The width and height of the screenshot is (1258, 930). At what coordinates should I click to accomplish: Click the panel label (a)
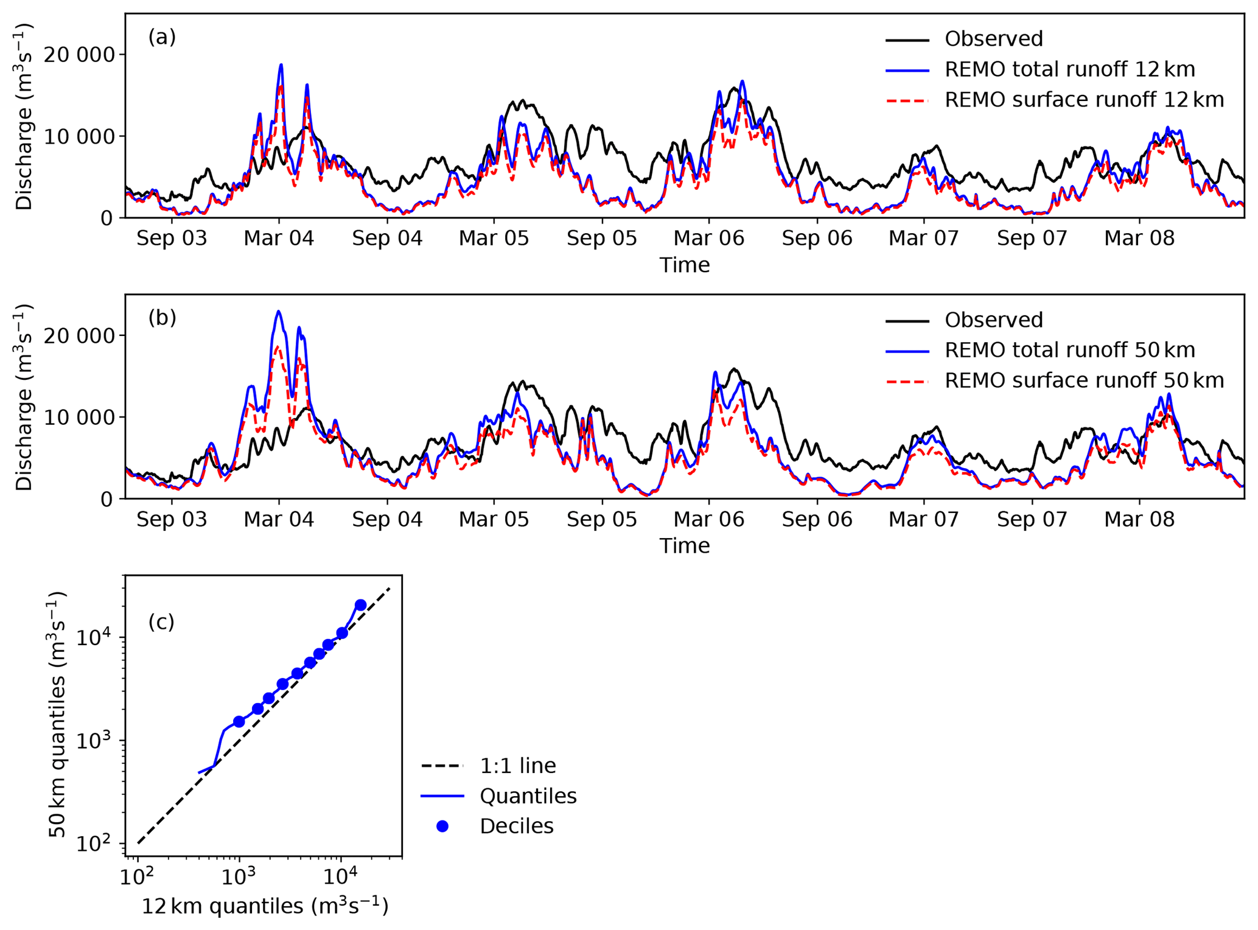(x=162, y=37)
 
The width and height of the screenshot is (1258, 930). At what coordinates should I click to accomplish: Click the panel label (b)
(x=162, y=318)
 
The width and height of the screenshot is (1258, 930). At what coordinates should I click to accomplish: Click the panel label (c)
(x=161, y=621)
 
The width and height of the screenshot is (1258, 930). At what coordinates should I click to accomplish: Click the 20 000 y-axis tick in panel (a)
(x=79, y=55)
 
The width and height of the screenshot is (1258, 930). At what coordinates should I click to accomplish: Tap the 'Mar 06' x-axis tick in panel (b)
(x=708, y=519)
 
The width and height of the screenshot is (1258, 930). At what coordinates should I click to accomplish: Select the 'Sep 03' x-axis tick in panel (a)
(x=172, y=238)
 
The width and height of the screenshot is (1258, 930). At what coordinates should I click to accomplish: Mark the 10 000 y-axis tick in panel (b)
(x=79, y=418)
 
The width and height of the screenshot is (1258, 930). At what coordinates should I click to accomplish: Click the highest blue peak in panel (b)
(x=279, y=312)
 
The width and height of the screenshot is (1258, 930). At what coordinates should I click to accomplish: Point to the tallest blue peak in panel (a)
(x=281, y=65)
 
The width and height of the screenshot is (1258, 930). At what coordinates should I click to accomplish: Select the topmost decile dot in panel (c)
(x=360, y=605)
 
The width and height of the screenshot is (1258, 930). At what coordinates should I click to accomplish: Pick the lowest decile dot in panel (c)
(x=239, y=722)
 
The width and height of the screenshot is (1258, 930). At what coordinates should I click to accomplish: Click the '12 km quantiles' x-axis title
(x=265, y=906)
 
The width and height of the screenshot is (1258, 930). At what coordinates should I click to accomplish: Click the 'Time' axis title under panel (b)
(x=684, y=546)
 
